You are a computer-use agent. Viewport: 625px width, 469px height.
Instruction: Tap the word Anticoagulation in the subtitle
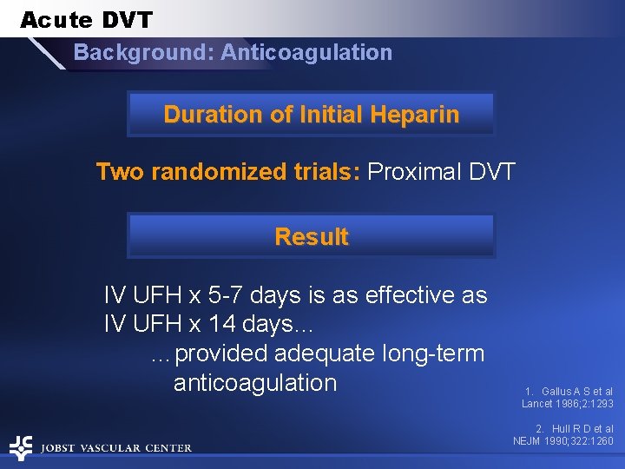coord(306,53)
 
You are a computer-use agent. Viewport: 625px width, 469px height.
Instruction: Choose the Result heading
coord(311,237)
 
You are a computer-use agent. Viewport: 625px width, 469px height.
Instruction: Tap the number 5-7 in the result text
coord(234,296)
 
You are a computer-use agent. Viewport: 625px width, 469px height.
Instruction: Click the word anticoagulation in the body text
coord(254,383)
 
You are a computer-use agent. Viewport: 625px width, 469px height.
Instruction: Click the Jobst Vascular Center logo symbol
coord(21,447)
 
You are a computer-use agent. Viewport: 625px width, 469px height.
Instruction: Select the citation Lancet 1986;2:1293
coord(567,404)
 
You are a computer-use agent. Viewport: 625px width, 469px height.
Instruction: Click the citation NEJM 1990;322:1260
coord(562,441)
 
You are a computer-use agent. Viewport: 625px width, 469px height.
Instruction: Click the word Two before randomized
coord(121,171)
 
